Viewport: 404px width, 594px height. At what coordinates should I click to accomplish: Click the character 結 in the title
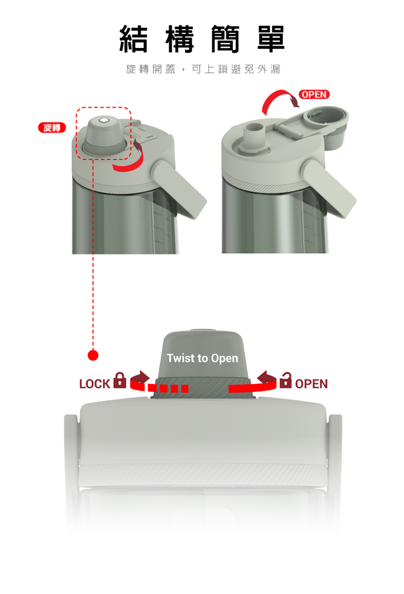pyautogui.click(x=134, y=39)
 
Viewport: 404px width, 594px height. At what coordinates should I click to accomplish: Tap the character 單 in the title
pyautogui.click(x=270, y=39)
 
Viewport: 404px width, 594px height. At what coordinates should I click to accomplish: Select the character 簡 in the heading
pyautogui.click(x=225, y=39)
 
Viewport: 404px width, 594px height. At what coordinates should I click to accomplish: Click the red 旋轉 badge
pyautogui.click(x=52, y=128)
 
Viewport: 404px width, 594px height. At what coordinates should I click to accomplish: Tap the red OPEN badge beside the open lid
pyautogui.click(x=314, y=94)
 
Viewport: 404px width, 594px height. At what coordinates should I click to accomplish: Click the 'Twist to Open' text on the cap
pyautogui.click(x=203, y=358)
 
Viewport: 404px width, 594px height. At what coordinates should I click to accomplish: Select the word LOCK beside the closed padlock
pyautogui.click(x=94, y=384)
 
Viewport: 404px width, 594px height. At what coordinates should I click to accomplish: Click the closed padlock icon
pyautogui.click(x=120, y=380)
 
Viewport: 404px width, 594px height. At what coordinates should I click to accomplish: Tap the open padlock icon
pyautogui.click(x=285, y=380)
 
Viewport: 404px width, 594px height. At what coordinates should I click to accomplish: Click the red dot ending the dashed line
pyautogui.click(x=93, y=355)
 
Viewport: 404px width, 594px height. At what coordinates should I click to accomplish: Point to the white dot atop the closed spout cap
pyautogui.click(x=104, y=121)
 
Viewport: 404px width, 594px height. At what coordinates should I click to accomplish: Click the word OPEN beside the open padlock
pyautogui.click(x=311, y=384)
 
